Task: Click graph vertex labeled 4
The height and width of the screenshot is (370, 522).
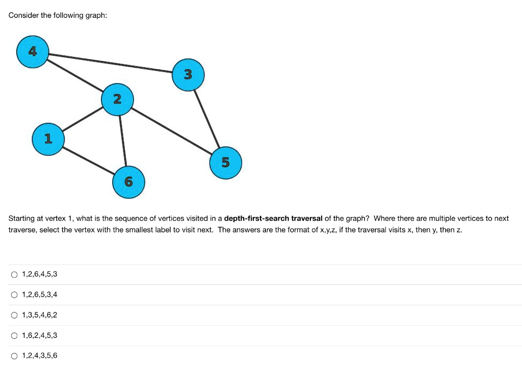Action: [32, 51]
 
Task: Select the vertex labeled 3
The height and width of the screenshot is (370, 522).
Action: [188, 75]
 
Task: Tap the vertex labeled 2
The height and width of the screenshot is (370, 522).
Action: [117, 99]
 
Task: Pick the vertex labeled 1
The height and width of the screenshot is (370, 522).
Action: [48, 138]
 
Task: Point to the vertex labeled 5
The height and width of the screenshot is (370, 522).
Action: [226, 163]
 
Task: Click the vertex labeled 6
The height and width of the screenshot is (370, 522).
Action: [128, 181]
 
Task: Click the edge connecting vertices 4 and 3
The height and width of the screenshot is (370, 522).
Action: [110, 63]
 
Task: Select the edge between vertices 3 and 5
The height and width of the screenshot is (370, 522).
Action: [207, 119]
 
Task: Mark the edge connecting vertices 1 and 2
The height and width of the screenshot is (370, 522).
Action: [83, 119]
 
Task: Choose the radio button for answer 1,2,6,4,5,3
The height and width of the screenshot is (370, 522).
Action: [14, 275]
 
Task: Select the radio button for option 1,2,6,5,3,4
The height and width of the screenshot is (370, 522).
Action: [14, 295]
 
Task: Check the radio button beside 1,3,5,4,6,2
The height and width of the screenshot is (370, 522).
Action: [14, 315]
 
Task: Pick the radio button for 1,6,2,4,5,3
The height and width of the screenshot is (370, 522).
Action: [14, 336]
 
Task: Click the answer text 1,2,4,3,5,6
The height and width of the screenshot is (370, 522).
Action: [40, 356]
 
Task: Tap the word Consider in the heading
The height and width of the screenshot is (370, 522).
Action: [23, 15]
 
